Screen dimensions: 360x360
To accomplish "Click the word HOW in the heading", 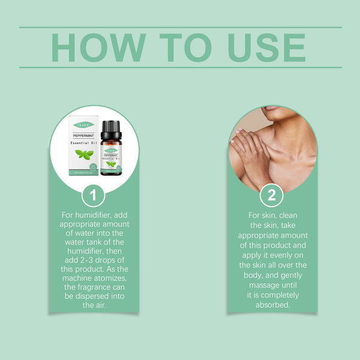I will coord(98,47).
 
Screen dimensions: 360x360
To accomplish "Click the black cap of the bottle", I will coord(111,129).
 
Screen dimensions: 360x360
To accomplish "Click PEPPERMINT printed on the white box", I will coord(83,136).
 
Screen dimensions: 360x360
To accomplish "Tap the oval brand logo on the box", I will coord(83,124).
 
